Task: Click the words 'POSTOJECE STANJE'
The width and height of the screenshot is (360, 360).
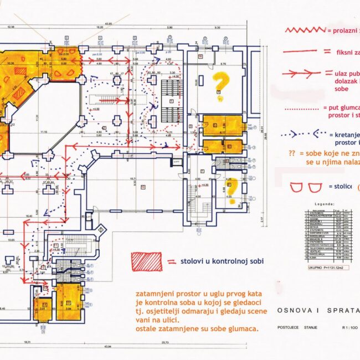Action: [x=298, y=327]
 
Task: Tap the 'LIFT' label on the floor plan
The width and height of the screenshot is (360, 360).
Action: [x=177, y=161]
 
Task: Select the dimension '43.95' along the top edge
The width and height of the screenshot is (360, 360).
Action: [x=106, y=24]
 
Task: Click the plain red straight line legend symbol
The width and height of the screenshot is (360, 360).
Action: [x=301, y=53]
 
